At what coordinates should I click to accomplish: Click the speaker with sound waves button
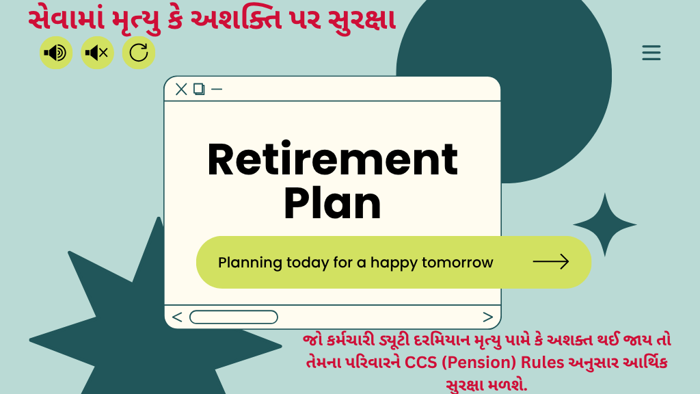[x=56, y=53]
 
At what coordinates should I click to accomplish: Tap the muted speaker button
[x=97, y=53]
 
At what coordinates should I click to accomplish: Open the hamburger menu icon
[x=651, y=53]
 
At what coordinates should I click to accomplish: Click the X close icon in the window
[x=181, y=90]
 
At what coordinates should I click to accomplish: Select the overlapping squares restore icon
[x=199, y=90]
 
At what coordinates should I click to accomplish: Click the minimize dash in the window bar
[x=217, y=90]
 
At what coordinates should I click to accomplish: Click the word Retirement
[x=333, y=159]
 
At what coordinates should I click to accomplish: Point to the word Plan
[x=333, y=204]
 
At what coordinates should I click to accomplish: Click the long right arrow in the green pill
[x=551, y=262]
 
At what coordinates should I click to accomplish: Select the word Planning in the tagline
[x=250, y=263]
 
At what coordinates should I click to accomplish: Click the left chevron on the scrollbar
[x=177, y=317]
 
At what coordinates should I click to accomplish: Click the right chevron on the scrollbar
[x=488, y=317]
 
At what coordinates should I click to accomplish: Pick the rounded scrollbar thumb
[x=234, y=317]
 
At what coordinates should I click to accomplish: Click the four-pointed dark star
[x=605, y=224]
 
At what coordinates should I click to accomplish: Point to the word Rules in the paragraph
[x=543, y=362]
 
